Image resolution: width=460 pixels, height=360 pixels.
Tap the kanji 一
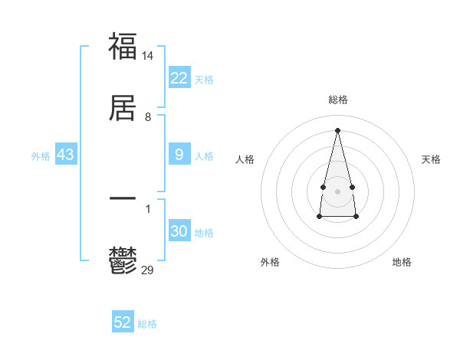click(123, 198)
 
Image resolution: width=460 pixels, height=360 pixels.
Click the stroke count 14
click(148, 55)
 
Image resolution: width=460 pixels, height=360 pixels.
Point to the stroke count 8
click(148, 117)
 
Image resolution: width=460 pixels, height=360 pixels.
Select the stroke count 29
click(148, 270)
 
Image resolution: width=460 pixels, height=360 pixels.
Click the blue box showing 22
click(179, 78)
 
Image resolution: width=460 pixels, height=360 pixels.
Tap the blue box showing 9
click(179, 155)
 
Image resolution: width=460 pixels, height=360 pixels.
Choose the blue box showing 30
click(179, 231)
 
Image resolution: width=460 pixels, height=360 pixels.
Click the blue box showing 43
click(66, 155)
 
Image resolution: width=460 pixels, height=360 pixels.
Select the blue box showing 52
click(123, 322)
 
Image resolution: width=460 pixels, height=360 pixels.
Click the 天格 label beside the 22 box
click(204, 80)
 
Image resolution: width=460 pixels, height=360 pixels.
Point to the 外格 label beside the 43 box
click(41, 156)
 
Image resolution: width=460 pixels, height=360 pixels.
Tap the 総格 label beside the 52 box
click(147, 324)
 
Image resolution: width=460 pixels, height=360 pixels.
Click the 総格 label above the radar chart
click(337, 100)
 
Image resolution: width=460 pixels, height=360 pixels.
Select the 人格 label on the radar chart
click(245, 159)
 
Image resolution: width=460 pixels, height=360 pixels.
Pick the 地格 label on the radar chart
click(402, 262)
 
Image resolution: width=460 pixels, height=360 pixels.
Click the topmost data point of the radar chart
click(337, 129)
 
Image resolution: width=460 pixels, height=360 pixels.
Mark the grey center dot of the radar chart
click(337, 190)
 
